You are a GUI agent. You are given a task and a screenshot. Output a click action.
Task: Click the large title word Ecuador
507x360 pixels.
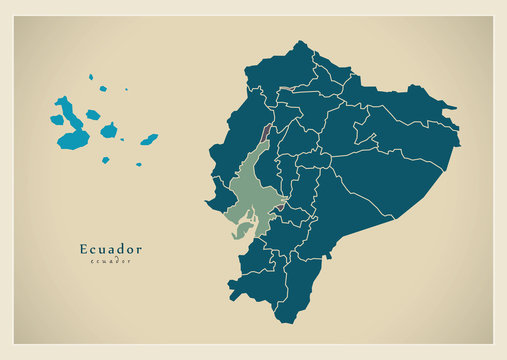pyautogui.click(x=110, y=248)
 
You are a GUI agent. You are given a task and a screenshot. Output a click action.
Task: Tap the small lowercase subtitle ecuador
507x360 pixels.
pyautogui.click(x=110, y=261)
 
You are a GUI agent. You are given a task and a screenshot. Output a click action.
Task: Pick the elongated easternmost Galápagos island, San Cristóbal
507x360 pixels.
pyautogui.click(x=148, y=139)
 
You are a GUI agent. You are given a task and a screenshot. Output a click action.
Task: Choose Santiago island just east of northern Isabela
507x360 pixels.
pyautogui.click(x=93, y=114)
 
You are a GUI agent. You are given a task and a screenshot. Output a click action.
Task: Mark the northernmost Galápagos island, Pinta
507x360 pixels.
pyautogui.click(x=90, y=77)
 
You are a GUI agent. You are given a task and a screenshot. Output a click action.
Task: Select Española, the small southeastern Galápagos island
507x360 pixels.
pyautogui.click(x=138, y=164)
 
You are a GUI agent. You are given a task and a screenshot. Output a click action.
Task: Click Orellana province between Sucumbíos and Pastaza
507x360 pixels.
pyautogui.click(x=400, y=135)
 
